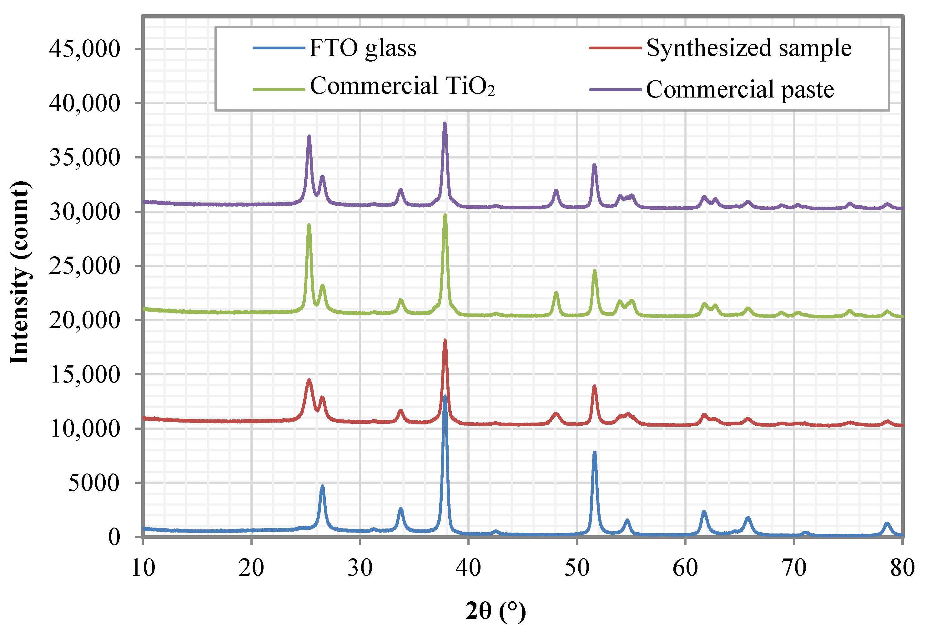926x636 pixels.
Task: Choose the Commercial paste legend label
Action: [x=740, y=89]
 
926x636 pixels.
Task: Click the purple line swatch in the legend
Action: [x=615, y=89]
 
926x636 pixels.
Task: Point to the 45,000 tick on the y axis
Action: [x=84, y=49]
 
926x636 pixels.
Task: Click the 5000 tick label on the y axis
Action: [x=94, y=483]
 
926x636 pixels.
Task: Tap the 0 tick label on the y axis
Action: [x=114, y=537]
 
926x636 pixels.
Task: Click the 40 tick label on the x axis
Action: [x=468, y=568]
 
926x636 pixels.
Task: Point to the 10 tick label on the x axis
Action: [x=143, y=568]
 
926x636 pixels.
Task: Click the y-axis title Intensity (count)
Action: [x=19, y=273]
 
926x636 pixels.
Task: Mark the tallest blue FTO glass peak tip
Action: [x=445, y=396]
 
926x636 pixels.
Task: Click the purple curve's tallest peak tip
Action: [x=445, y=123]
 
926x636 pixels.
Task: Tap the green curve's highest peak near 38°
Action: [x=445, y=215]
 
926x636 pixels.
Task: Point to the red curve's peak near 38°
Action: [x=445, y=340]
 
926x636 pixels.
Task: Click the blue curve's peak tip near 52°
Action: [x=594, y=453]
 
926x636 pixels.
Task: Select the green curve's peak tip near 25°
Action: [x=309, y=225]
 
